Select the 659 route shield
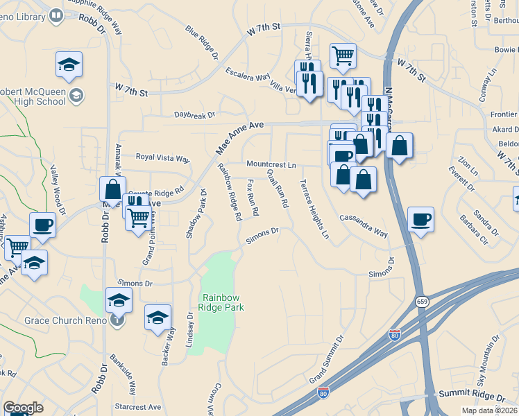click(422, 302)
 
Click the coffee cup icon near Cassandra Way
click(420, 220)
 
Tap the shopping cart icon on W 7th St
click(343, 55)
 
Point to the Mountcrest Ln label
click(272, 165)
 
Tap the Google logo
click(23, 408)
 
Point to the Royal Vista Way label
click(162, 157)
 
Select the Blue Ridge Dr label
click(201, 42)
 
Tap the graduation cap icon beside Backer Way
click(158, 318)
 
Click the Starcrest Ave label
click(138, 407)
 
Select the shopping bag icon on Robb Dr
click(112, 189)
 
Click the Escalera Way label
click(247, 74)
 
